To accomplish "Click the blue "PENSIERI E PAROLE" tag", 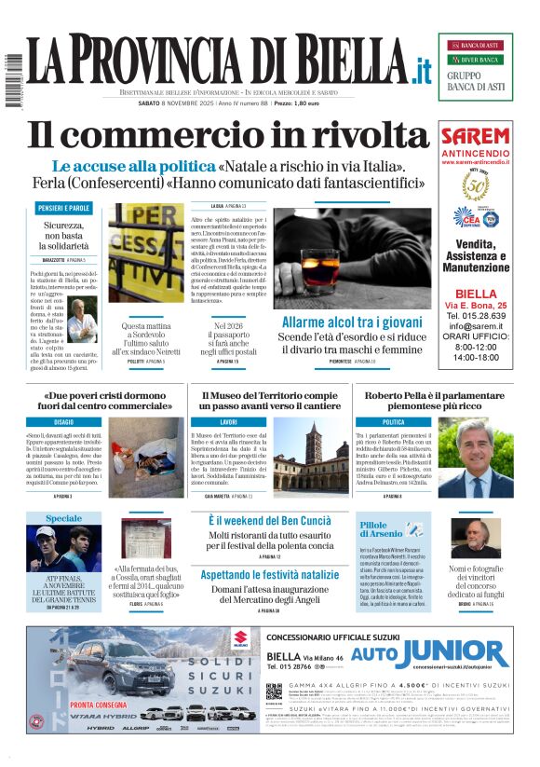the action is (x=64, y=207).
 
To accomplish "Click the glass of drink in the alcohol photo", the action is (x=299, y=267).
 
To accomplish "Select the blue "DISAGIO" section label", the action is (x=64, y=422).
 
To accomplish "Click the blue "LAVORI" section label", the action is (x=229, y=422).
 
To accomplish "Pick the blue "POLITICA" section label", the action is (x=393, y=422).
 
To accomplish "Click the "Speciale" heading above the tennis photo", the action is (x=64, y=518).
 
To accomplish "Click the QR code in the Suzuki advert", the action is (x=274, y=692).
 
